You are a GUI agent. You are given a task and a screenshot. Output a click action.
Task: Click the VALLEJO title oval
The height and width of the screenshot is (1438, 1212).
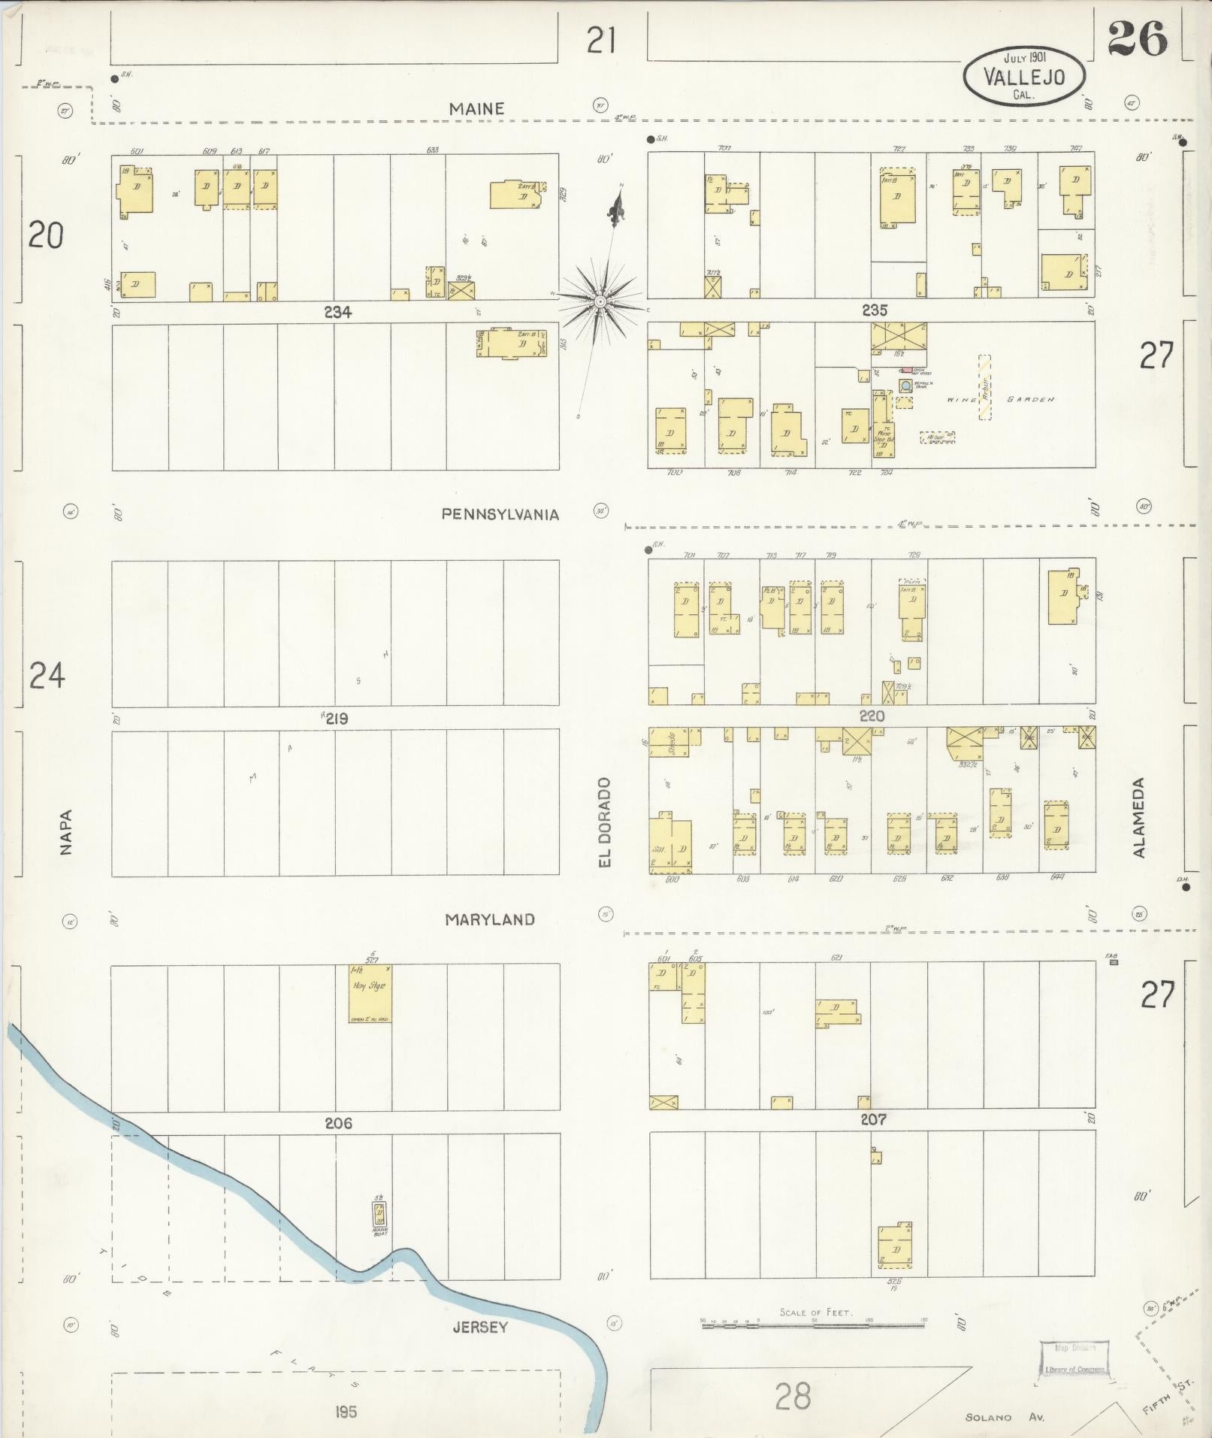(1024, 76)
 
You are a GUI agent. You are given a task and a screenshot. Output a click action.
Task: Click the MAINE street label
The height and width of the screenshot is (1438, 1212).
(476, 109)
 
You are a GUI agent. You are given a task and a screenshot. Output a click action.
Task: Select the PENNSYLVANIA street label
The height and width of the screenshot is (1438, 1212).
(500, 514)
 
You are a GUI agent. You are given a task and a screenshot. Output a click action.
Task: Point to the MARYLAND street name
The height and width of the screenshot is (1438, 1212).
(489, 919)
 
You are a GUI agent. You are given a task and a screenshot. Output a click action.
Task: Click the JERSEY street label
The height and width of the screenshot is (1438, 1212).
(479, 1327)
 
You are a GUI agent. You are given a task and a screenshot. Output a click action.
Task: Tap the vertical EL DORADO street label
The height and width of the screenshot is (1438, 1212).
(605, 822)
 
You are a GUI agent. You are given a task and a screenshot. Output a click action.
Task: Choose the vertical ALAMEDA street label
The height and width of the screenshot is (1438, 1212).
(1139, 818)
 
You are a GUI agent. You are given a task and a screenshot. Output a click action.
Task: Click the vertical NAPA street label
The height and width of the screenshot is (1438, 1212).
(66, 831)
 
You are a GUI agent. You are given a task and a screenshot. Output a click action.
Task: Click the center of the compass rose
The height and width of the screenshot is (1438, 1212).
(600, 302)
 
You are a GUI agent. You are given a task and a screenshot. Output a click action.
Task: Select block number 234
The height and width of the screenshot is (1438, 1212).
(337, 312)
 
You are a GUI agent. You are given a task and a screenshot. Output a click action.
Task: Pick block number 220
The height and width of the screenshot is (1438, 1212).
(872, 716)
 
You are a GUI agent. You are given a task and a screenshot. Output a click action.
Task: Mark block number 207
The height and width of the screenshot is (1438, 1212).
(872, 1119)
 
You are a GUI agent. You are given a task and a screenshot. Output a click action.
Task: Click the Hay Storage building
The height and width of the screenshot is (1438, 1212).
(370, 993)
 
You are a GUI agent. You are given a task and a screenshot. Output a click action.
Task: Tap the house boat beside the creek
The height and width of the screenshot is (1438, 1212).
(380, 1213)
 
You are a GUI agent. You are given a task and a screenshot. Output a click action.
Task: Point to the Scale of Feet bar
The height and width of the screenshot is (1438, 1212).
(815, 1325)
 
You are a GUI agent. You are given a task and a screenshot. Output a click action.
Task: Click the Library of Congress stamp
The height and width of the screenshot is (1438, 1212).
(1075, 1358)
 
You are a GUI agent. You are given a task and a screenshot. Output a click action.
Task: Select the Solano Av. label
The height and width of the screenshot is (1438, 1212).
(1005, 1417)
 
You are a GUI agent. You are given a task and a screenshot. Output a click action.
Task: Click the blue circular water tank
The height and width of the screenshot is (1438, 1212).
(905, 386)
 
